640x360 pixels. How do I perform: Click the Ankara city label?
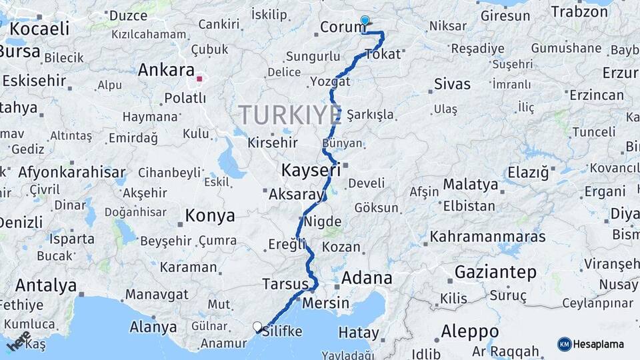click(x=167, y=70)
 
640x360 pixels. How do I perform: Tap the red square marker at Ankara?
click(x=199, y=79)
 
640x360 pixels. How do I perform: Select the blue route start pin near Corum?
click(x=365, y=21)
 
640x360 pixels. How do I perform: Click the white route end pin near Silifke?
click(x=257, y=327)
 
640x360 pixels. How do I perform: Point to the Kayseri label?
click(x=311, y=169)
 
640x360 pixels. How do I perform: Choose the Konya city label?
click(x=210, y=215)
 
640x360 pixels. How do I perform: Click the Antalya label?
click(x=46, y=285)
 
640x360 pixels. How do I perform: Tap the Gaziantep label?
click(x=495, y=272)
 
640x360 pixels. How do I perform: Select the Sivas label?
click(x=452, y=84)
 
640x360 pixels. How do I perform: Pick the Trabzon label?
click(x=579, y=11)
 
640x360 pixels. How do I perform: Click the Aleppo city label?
click(x=469, y=331)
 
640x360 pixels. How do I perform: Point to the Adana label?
click(x=367, y=277)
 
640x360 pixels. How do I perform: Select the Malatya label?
click(x=471, y=184)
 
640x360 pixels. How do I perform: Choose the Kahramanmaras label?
click(x=487, y=237)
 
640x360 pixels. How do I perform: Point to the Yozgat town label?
click(x=329, y=81)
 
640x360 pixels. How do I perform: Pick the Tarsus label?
click(x=285, y=283)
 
